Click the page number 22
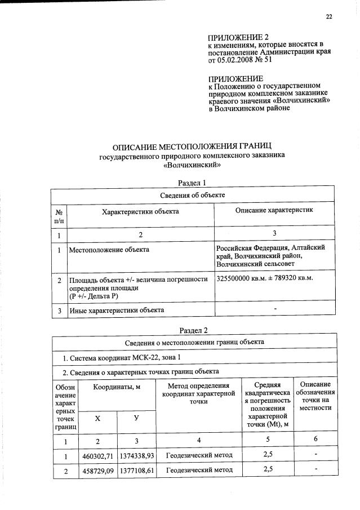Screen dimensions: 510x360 [329, 16]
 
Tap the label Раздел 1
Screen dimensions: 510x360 [193, 182]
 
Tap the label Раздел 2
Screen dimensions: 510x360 [193, 330]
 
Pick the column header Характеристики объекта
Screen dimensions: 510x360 [140, 211]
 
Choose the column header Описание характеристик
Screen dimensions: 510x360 [273, 210]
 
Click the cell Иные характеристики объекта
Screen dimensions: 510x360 [117, 310]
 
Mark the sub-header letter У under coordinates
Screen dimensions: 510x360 [136, 419]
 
